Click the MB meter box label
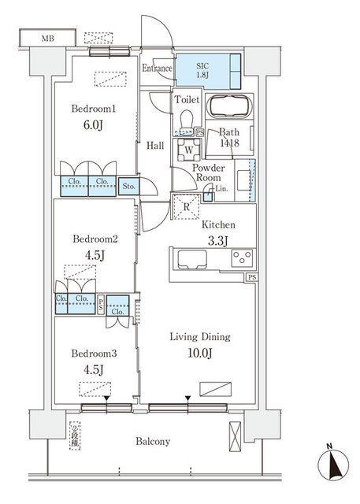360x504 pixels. [47, 39]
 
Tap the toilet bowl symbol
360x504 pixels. [186, 122]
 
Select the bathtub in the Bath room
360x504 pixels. [229, 106]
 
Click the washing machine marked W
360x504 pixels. [189, 150]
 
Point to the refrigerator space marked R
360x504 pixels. [187, 206]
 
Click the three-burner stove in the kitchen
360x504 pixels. [243, 258]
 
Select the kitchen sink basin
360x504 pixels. [192, 259]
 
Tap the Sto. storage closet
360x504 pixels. [129, 187]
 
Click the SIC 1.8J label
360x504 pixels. [202, 71]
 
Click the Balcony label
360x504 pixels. [153, 441]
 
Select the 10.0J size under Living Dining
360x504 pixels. [200, 353]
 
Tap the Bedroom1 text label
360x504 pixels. [93, 109]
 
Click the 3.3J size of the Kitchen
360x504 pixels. [217, 240]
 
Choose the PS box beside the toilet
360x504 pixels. [199, 132]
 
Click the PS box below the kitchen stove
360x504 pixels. [252, 277]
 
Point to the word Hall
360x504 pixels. [155, 146]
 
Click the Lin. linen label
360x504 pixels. [221, 189]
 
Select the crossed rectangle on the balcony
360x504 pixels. [235, 436]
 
